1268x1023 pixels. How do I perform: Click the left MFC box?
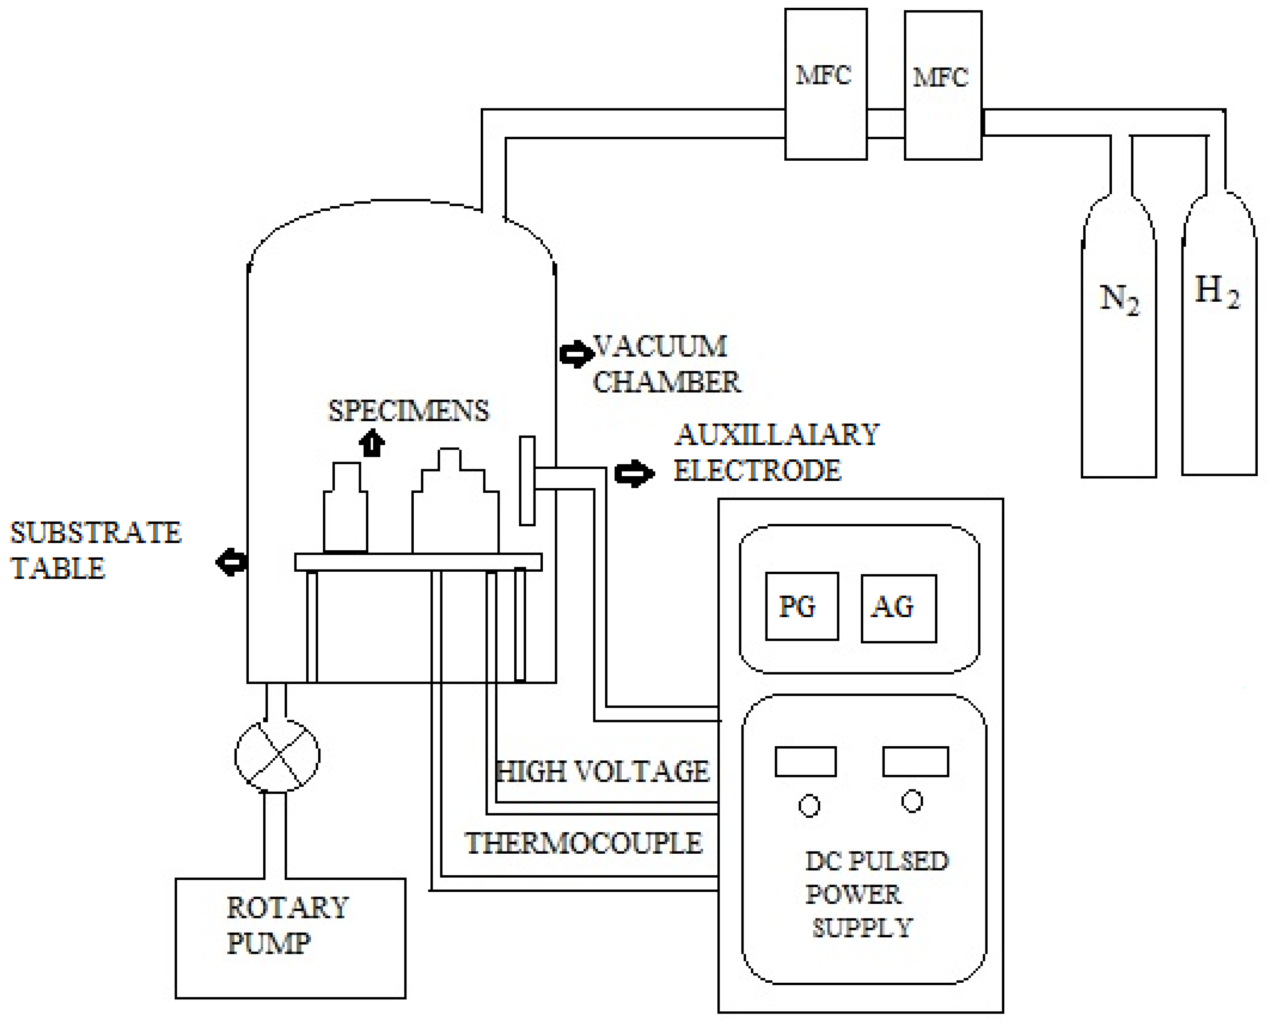pos(825,84)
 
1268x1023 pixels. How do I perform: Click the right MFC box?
pos(942,85)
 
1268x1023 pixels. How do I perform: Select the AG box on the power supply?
pos(898,608)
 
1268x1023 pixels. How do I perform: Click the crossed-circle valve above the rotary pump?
pos(277,756)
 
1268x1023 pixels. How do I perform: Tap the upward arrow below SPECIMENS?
pos(372,443)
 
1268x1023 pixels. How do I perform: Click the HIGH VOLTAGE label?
pos(602,772)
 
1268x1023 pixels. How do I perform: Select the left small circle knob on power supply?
pos(809,806)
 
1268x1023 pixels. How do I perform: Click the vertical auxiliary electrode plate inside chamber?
pos(527,481)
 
